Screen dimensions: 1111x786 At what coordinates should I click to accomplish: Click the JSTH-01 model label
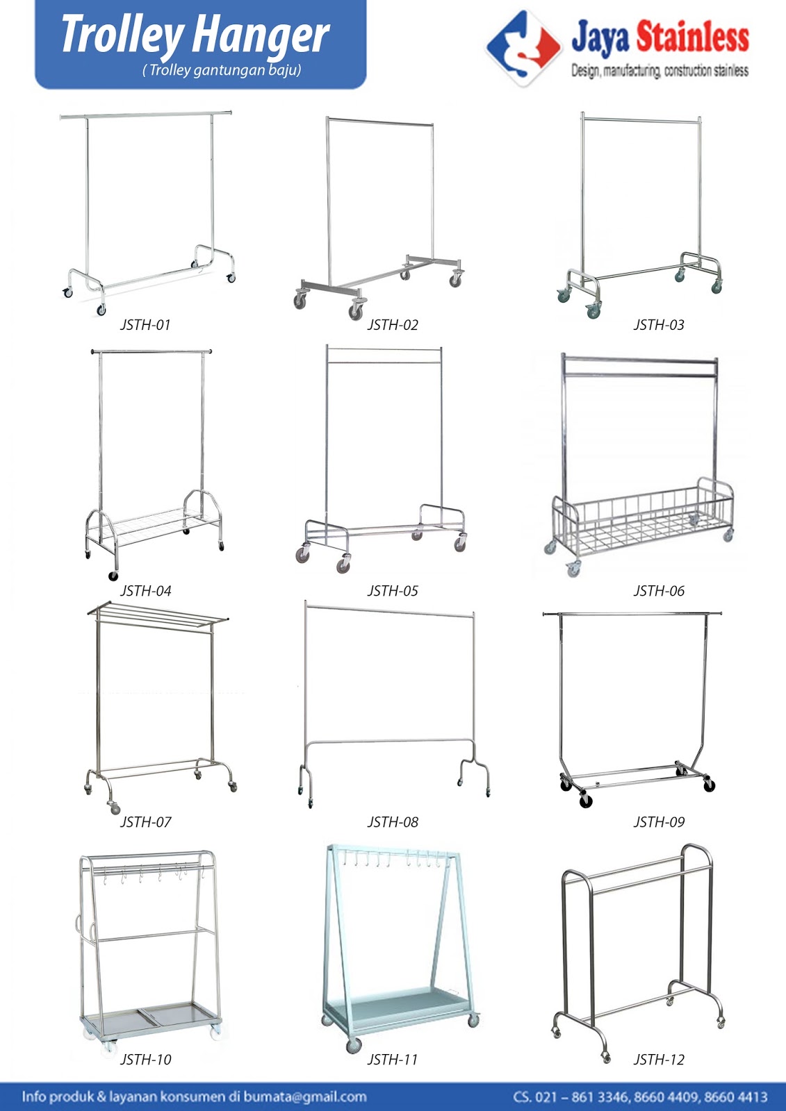(145, 325)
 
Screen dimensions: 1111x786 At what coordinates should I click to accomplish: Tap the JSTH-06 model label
(659, 591)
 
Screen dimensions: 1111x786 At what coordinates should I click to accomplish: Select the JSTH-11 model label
(393, 1060)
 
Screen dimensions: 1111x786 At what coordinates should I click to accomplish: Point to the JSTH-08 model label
(393, 822)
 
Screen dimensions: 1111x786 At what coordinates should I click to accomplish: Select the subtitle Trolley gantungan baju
(222, 70)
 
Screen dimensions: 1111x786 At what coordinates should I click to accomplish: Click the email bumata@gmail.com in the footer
(305, 1097)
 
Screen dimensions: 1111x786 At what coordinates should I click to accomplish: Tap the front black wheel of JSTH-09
(586, 801)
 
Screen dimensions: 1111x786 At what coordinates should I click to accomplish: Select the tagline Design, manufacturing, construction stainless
(660, 71)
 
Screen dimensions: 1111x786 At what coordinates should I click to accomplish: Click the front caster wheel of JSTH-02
(356, 312)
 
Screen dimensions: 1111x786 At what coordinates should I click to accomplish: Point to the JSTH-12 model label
(659, 1060)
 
